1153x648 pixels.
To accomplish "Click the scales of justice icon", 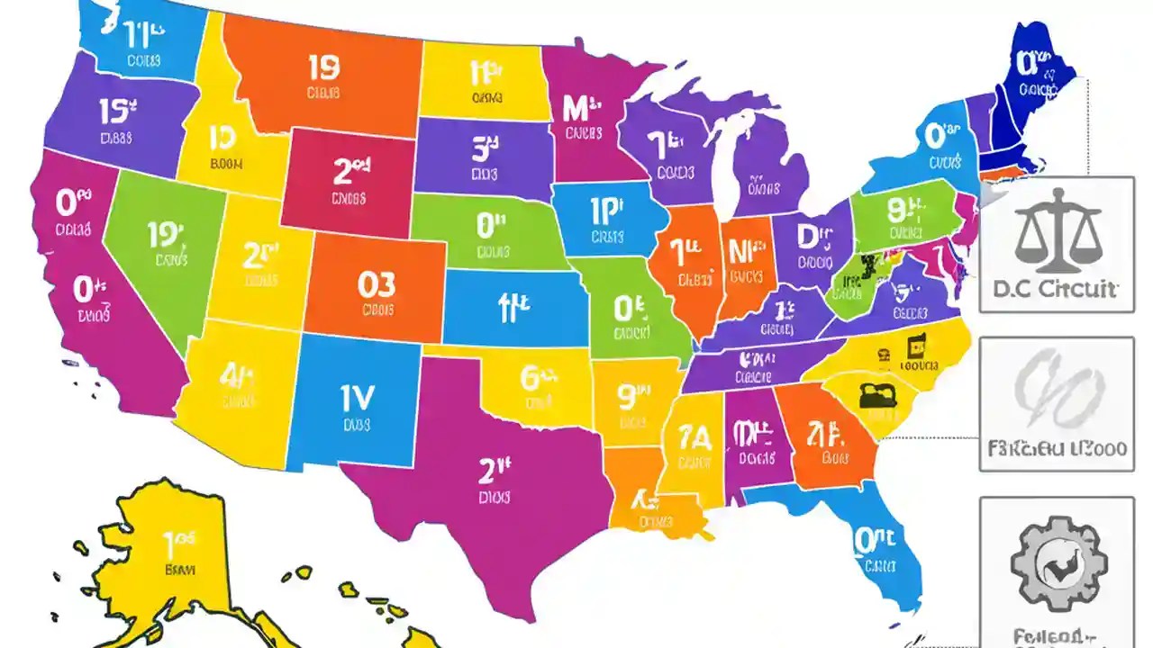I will tap(1057, 231).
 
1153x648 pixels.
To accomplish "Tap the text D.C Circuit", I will tap(1056, 289).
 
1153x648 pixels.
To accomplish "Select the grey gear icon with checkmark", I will tap(1056, 563).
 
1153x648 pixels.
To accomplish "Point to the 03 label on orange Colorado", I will tap(376, 284).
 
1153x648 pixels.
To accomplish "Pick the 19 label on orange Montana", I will tap(323, 68).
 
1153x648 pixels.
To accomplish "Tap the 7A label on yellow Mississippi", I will tap(694, 437).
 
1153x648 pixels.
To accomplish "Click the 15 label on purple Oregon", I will tap(117, 112).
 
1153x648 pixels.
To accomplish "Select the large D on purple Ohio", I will tap(812, 237).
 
